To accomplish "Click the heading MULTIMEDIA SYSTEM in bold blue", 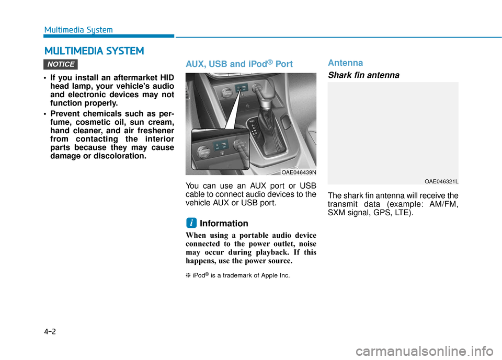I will (x=94, y=51).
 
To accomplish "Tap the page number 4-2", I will (x=51, y=331).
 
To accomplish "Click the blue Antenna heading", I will (x=345, y=63).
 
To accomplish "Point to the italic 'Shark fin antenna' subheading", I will (x=363, y=75).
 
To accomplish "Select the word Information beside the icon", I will (x=224, y=224).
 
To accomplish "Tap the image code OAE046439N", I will (x=299, y=172).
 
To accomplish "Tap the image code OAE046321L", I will (x=441, y=181).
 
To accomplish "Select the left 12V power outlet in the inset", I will (x=200, y=152).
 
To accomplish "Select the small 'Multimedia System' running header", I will (x=78, y=30).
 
